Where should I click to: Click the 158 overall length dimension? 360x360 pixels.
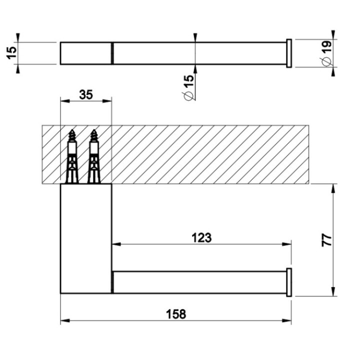pyautogui.click(x=175, y=314)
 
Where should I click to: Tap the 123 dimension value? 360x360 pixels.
pyautogui.click(x=201, y=237)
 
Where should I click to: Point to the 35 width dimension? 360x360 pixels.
pyautogui.click(x=85, y=93)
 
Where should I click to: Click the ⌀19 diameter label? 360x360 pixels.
pyautogui.click(x=326, y=53)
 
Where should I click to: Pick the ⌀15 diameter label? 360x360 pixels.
pyautogui.click(x=188, y=87)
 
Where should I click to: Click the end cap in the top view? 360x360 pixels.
pyautogui.click(x=288, y=53)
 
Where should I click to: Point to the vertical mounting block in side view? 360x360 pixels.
pyautogui.click(x=85, y=238)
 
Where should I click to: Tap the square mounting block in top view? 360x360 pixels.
pyautogui.click(x=85, y=53)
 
